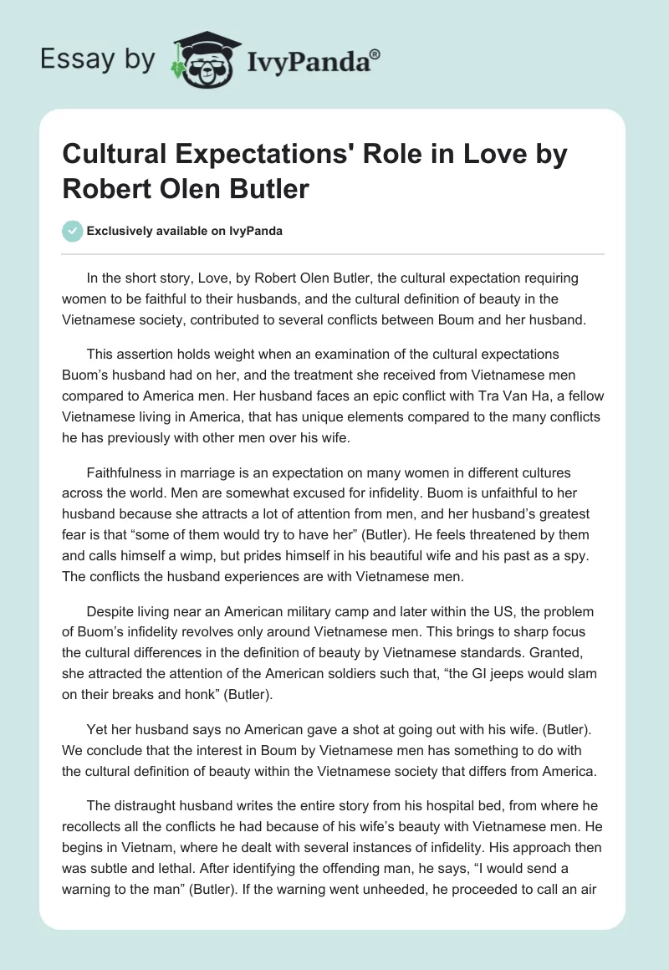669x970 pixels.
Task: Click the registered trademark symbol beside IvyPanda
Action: coord(375,54)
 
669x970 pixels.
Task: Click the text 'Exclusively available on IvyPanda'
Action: coord(184,231)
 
